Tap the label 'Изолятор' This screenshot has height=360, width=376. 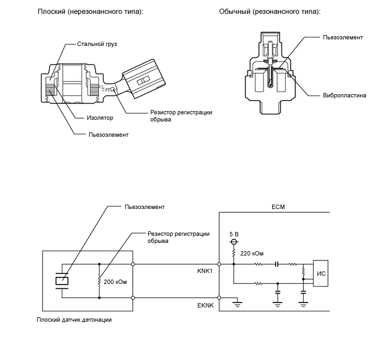tap(99, 118)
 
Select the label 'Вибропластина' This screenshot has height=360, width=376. tap(344, 95)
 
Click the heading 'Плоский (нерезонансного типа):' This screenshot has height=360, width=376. tap(90, 11)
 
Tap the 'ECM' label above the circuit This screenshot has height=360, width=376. tap(278, 207)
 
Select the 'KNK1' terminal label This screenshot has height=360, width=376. tap(205, 270)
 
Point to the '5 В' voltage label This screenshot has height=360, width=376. tap(234, 234)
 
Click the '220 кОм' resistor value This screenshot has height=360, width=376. tap(251, 253)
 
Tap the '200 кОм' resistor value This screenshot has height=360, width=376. tap(115, 282)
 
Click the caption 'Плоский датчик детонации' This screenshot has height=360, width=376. tap(74, 320)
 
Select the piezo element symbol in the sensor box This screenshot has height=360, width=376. tap(62, 281)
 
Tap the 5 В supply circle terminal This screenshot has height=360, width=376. tap(233, 241)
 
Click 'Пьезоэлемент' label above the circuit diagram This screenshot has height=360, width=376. tap(144, 207)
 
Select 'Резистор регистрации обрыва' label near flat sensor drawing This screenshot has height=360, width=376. tap(180, 115)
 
